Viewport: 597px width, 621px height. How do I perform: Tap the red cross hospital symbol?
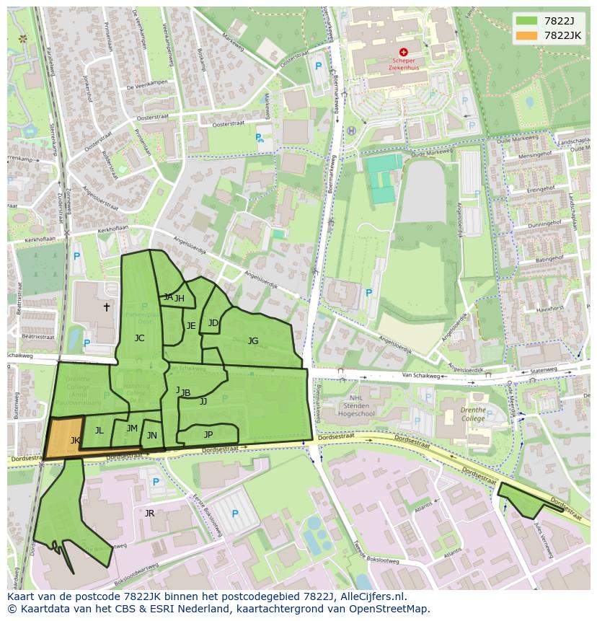403,52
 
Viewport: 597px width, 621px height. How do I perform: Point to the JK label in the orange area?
75,440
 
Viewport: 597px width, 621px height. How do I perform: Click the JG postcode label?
253,340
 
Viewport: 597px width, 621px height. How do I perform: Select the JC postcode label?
139,338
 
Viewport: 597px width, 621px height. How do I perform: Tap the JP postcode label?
208,434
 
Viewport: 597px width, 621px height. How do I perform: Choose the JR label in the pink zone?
149,513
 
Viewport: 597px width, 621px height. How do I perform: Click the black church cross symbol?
107,307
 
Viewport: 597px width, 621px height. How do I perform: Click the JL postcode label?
99,431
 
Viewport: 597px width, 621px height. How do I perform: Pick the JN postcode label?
151,435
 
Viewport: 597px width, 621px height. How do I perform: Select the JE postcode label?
191,325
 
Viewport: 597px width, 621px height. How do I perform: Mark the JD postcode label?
213,322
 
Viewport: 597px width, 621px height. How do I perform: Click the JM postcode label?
132,428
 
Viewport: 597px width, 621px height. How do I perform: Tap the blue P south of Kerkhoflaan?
76,255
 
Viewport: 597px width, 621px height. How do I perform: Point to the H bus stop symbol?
351,131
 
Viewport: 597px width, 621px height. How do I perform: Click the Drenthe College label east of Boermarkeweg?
473,414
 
